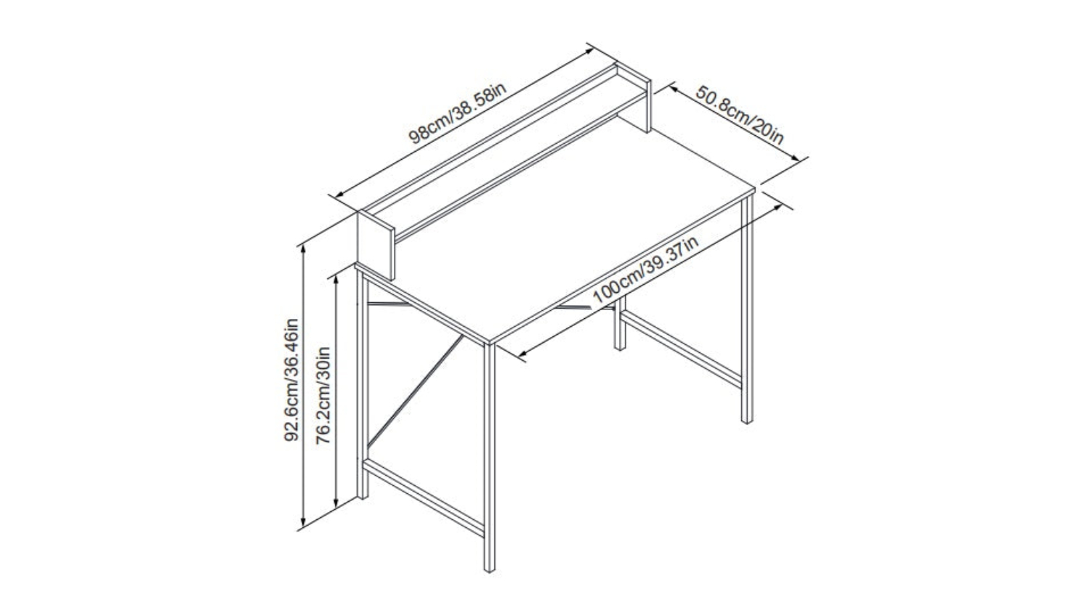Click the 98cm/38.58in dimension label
pos(458,113)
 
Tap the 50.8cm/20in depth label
pos(739,115)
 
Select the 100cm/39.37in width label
pos(646,269)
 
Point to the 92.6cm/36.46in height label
pos(291,380)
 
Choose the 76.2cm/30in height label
pos(323,395)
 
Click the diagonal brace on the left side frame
pos(415,391)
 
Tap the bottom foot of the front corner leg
pos(490,569)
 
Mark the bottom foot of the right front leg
pos(747,420)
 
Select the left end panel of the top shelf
pos(376,245)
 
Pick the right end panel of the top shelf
pos(634,97)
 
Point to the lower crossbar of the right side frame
pos(682,349)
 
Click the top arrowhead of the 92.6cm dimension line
pos(303,249)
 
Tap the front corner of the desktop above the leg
pos(489,342)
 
